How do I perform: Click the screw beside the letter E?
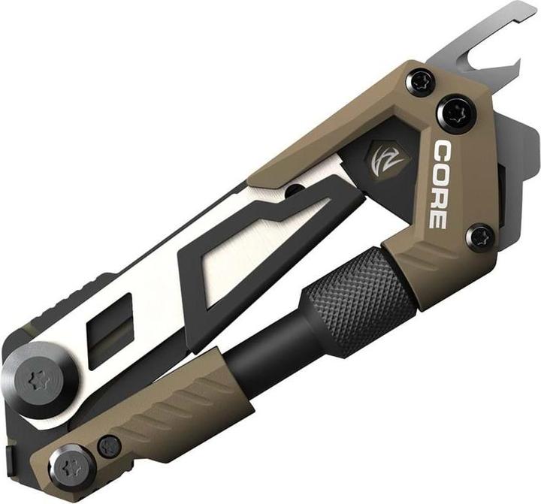tap(479, 237)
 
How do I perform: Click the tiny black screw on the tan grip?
tap(110, 445)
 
